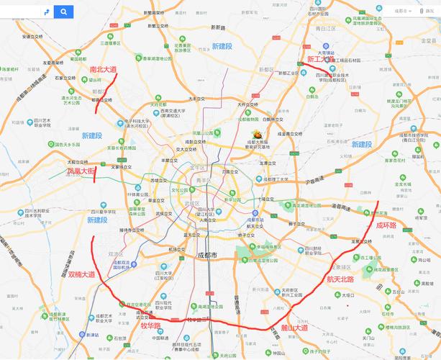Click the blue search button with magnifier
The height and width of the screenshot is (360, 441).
[x=64, y=12]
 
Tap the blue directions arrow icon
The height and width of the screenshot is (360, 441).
[x=45, y=12]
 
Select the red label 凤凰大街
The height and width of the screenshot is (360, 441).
[x=81, y=172]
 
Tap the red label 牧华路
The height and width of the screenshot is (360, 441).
[x=150, y=325]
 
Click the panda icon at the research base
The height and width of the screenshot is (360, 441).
[x=256, y=134]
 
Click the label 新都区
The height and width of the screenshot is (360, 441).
[x=265, y=70]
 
